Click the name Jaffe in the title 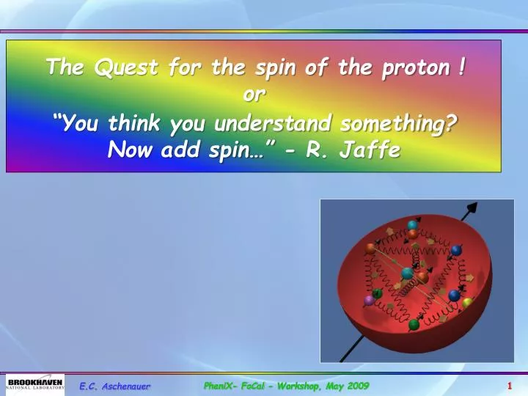(x=370, y=150)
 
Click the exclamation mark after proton (x=459, y=67)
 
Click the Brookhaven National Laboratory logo (x=35, y=384)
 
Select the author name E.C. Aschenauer (x=115, y=386)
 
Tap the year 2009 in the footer (x=356, y=386)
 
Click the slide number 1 (x=509, y=386)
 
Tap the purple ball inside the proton (x=369, y=301)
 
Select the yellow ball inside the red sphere (x=467, y=302)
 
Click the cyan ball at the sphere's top (x=413, y=225)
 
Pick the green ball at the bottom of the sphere (x=414, y=324)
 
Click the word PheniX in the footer (x=219, y=386)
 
